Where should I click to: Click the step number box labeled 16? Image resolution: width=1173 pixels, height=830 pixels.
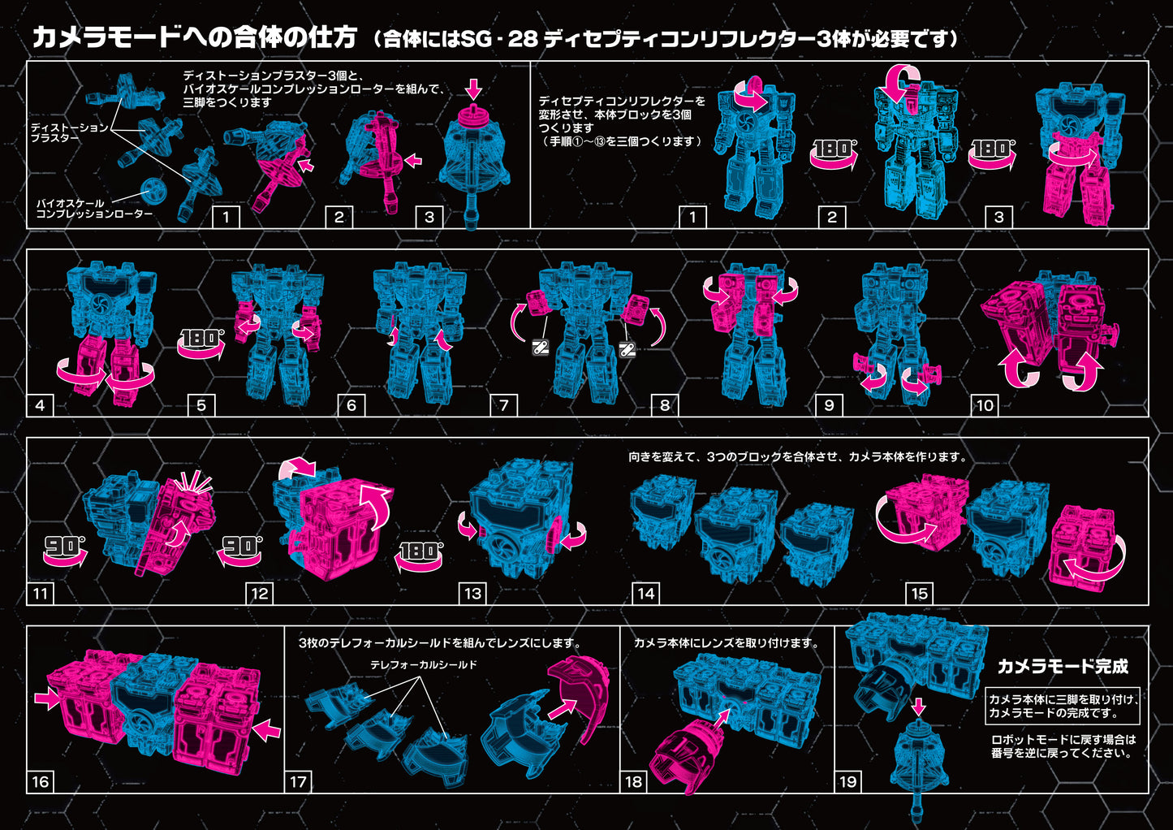(41, 782)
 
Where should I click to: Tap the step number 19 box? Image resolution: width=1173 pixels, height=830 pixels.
(847, 782)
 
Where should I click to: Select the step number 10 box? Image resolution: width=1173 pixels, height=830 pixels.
(985, 405)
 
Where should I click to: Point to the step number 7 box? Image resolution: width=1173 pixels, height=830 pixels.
(504, 405)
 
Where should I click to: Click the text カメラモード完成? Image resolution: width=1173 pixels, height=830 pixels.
(1063, 666)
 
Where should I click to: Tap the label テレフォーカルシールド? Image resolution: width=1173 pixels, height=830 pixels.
(424, 665)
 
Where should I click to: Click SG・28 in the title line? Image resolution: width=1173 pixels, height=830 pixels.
(499, 39)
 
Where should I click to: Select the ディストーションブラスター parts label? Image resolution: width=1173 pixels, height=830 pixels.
(69, 132)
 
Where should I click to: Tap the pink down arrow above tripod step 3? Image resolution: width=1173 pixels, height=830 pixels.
(473, 89)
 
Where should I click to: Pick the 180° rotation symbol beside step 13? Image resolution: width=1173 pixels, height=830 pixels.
(420, 556)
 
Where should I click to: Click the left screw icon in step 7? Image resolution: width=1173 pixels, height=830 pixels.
(540, 347)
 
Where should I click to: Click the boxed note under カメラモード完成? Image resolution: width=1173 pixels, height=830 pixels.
(1063, 706)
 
